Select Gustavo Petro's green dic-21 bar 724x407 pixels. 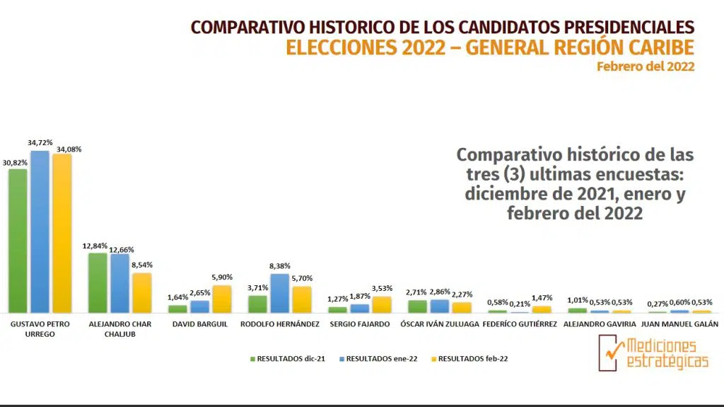point(18,241)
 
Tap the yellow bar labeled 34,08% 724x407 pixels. point(62,234)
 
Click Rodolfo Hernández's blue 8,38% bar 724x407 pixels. point(280,293)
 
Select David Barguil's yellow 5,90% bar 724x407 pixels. point(221,299)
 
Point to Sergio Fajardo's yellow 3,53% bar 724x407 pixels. point(381,304)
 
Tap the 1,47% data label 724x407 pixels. point(541,299)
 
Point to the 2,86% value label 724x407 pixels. point(439,292)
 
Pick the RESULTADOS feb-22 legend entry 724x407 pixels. point(468,359)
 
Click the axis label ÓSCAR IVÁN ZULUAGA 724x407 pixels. point(439,324)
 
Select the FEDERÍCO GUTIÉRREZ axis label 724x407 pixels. point(520,324)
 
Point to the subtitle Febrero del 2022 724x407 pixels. point(645,67)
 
